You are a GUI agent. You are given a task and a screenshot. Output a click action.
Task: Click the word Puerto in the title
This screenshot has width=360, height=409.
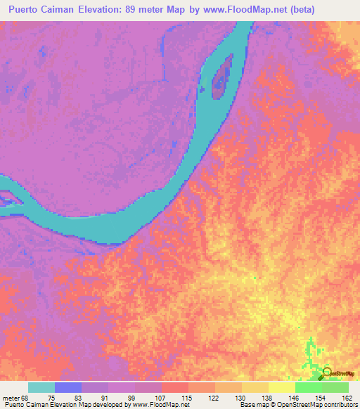point(26,10)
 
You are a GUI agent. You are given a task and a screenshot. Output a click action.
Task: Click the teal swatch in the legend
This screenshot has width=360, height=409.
point(41,387)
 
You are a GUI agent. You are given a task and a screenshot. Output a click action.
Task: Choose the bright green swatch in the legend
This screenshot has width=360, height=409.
point(309,387)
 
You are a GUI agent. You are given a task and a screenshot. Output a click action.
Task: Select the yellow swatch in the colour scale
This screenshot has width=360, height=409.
point(282,387)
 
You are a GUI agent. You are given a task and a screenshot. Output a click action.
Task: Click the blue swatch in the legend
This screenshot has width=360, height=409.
point(68,387)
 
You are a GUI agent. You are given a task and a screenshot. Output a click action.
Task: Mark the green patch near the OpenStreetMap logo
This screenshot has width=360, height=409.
point(311,355)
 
